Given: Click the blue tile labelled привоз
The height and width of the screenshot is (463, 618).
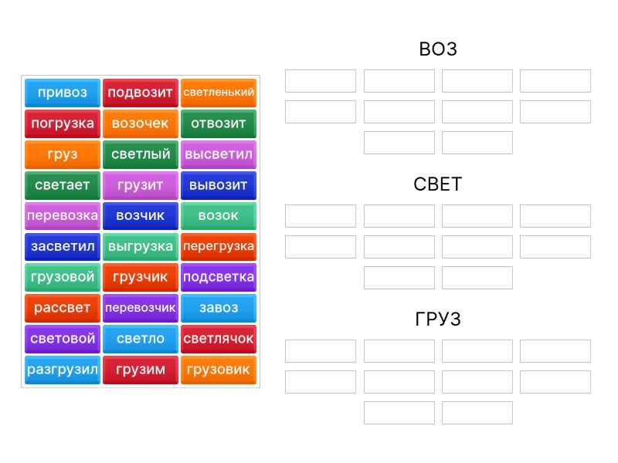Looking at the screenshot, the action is tap(63, 93).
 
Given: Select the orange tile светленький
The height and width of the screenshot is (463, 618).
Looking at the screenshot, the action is tap(219, 93).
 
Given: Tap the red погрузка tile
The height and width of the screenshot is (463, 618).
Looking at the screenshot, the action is tap(63, 123).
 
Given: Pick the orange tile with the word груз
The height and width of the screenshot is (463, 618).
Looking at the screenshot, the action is tap(63, 155).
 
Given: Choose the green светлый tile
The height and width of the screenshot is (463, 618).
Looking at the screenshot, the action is tap(141, 155).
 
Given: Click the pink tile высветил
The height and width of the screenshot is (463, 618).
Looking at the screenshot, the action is tap(219, 155).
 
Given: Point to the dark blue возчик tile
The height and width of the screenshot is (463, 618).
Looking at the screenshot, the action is tap(141, 216).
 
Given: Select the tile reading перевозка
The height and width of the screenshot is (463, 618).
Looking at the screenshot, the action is tap(63, 216).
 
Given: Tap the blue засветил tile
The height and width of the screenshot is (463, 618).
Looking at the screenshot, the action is tap(63, 247).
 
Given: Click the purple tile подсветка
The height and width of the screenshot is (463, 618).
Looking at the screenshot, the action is tap(219, 278).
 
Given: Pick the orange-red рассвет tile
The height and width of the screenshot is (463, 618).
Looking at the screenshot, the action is tap(63, 308).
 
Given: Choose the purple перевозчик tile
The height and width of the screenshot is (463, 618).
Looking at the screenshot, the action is tap(141, 308).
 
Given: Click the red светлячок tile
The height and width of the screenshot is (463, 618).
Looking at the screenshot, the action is tap(219, 339).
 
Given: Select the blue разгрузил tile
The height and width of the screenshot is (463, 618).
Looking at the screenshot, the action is tap(63, 370).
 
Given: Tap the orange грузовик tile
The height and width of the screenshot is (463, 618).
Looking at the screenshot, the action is tap(219, 370).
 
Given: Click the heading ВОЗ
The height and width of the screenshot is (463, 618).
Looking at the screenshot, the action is tap(438, 49).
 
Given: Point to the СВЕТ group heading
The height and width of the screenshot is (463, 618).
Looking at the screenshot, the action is tap(438, 184).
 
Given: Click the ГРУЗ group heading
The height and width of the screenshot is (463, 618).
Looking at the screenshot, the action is tap(438, 319).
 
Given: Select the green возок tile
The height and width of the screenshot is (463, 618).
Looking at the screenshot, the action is tap(219, 216).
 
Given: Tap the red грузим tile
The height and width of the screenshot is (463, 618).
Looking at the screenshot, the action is tap(141, 370).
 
